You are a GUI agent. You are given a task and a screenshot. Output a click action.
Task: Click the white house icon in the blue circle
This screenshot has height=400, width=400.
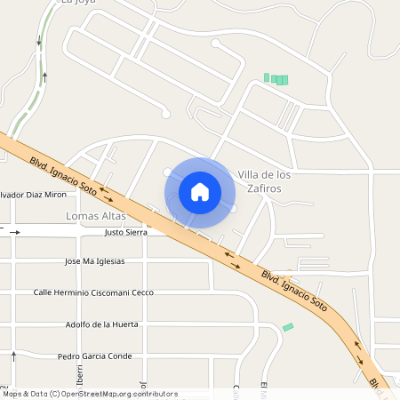tap(200, 191)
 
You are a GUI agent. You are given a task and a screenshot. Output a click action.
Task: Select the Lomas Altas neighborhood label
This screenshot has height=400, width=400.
tap(95, 216)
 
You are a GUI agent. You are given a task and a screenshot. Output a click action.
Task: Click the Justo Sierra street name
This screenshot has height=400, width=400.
tap(125, 232)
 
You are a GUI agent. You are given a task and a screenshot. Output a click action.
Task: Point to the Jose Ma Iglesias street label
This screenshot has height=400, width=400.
tap(95, 261)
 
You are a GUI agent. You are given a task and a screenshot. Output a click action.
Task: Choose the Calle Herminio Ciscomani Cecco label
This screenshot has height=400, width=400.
tap(93, 292)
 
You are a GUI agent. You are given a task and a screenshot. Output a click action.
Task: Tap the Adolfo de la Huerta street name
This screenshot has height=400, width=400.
tap(102, 324)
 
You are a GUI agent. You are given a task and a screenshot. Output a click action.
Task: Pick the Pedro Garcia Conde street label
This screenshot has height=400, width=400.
tap(94, 356)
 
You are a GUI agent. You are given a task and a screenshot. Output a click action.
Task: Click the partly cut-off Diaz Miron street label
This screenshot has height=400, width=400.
tap(33, 194)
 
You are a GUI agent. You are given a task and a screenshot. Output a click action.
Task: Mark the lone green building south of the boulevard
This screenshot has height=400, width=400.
tap(288, 327)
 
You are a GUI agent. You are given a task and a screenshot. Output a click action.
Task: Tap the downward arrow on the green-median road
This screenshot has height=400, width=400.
tap(38, 41)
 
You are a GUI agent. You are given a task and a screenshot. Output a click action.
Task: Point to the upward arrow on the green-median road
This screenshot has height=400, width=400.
tap(44, 77)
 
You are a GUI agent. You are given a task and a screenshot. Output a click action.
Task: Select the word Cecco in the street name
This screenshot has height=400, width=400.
tap(142, 292)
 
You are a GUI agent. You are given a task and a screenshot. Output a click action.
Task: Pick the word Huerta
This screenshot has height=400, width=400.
tap(124, 324)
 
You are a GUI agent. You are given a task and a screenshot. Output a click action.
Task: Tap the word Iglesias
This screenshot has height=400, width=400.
tap(111, 261)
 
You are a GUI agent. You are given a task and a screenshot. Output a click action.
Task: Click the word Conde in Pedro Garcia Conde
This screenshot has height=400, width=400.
tap(120, 356)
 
